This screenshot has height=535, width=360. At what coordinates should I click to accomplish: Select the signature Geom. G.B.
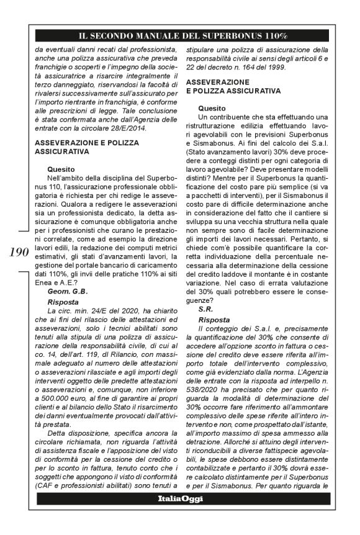66,290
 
